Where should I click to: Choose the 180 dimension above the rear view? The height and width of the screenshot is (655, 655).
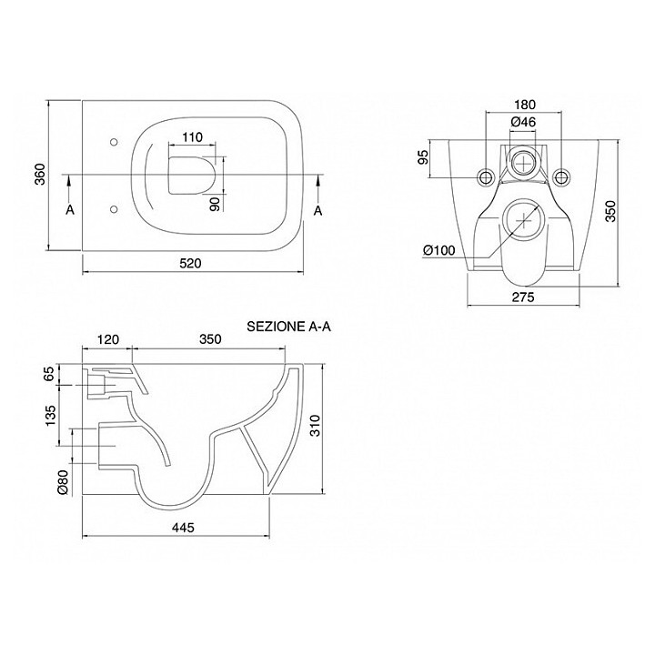522,104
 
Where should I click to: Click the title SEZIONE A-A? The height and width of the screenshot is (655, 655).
288,326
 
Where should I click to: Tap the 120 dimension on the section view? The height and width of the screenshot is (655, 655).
107,339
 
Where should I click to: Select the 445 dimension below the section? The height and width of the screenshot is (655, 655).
181,528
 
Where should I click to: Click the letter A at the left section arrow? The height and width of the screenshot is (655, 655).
70,210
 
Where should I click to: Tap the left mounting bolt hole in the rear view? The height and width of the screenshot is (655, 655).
486,176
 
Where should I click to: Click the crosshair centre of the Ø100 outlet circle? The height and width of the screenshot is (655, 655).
525,218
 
